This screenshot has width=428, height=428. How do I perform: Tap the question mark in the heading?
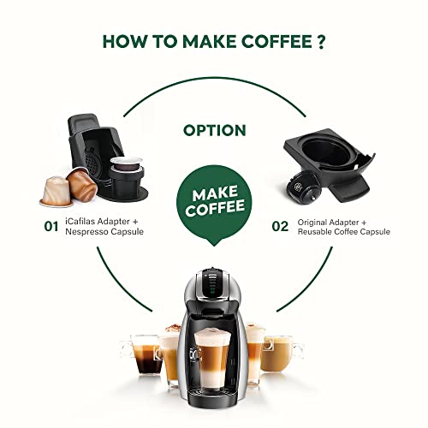(x=321, y=42)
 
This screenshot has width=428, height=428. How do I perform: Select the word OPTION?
(x=215, y=130)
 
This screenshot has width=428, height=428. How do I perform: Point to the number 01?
(x=51, y=227)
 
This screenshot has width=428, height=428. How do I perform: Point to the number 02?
(x=280, y=227)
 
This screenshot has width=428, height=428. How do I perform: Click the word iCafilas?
(x=80, y=221)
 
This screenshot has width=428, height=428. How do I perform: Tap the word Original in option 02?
(x=312, y=222)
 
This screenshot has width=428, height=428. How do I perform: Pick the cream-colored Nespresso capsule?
(x=56, y=191)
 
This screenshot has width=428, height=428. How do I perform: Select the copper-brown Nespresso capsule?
(x=81, y=184)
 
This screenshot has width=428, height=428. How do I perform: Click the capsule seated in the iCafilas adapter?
(x=127, y=163)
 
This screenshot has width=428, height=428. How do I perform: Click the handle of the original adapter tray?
(x=350, y=188)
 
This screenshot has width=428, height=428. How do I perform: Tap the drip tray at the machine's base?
(x=212, y=394)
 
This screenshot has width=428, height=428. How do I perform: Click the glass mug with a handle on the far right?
(x=280, y=354)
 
